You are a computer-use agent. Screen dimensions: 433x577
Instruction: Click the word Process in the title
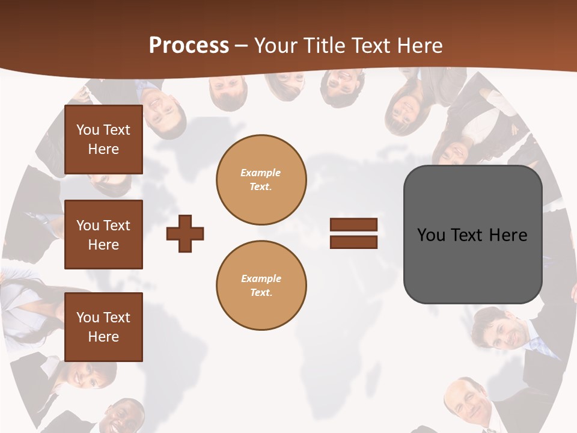pos(189,45)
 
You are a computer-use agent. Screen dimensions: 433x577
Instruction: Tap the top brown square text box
pos(103,140)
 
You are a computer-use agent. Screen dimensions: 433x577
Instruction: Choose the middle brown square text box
pos(103,235)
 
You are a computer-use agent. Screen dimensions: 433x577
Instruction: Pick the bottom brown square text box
pos(103,327)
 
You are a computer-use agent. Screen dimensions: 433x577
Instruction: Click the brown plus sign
pos(185,233)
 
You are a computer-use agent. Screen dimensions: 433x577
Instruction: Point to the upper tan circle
pos(261,180)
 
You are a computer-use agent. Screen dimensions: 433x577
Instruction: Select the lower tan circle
pos(261,286)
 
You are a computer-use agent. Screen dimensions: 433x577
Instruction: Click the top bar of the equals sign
pos(353,225)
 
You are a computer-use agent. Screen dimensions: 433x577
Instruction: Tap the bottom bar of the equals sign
pos(353,242)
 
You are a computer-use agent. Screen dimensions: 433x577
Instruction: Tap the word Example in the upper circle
pos(261,173)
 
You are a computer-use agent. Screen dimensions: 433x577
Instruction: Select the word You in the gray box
pos(431,235)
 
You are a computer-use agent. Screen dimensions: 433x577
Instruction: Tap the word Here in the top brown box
pos(103,149)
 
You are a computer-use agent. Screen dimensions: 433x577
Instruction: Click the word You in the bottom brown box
pos(88,318)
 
